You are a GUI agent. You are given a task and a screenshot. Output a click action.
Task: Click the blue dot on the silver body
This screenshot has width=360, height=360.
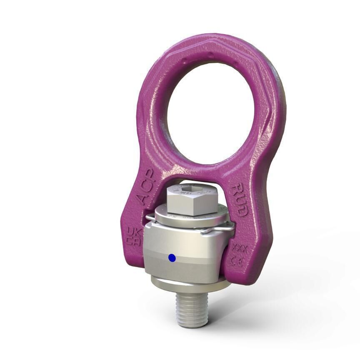[172, 258]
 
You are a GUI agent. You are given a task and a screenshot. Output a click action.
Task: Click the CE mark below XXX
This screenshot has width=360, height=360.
[240, 262]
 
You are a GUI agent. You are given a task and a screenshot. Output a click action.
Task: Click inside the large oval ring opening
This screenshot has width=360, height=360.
[210, 104]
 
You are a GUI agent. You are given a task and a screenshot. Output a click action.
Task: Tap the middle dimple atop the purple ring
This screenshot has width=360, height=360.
[211, 55]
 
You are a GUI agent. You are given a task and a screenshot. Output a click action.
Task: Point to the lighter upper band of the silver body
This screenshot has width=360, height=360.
[183, 242]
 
